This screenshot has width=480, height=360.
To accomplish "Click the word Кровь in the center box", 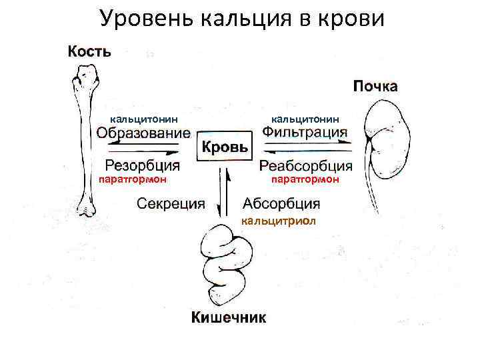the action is coord(225,147).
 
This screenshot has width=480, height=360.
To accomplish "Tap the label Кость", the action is coord(88,51).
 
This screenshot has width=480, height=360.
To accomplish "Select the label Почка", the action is coord(375,86).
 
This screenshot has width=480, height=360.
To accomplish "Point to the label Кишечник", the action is coord(229,317).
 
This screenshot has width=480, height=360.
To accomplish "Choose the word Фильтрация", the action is coord(305,132).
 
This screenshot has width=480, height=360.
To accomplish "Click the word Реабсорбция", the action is coord(306,165).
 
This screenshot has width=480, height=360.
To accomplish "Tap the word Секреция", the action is coord(171,203).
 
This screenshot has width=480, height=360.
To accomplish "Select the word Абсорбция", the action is coord(281,203).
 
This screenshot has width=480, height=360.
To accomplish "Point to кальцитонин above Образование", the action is coord(144,118).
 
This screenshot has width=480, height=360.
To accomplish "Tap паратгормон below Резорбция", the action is coord(132,179).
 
